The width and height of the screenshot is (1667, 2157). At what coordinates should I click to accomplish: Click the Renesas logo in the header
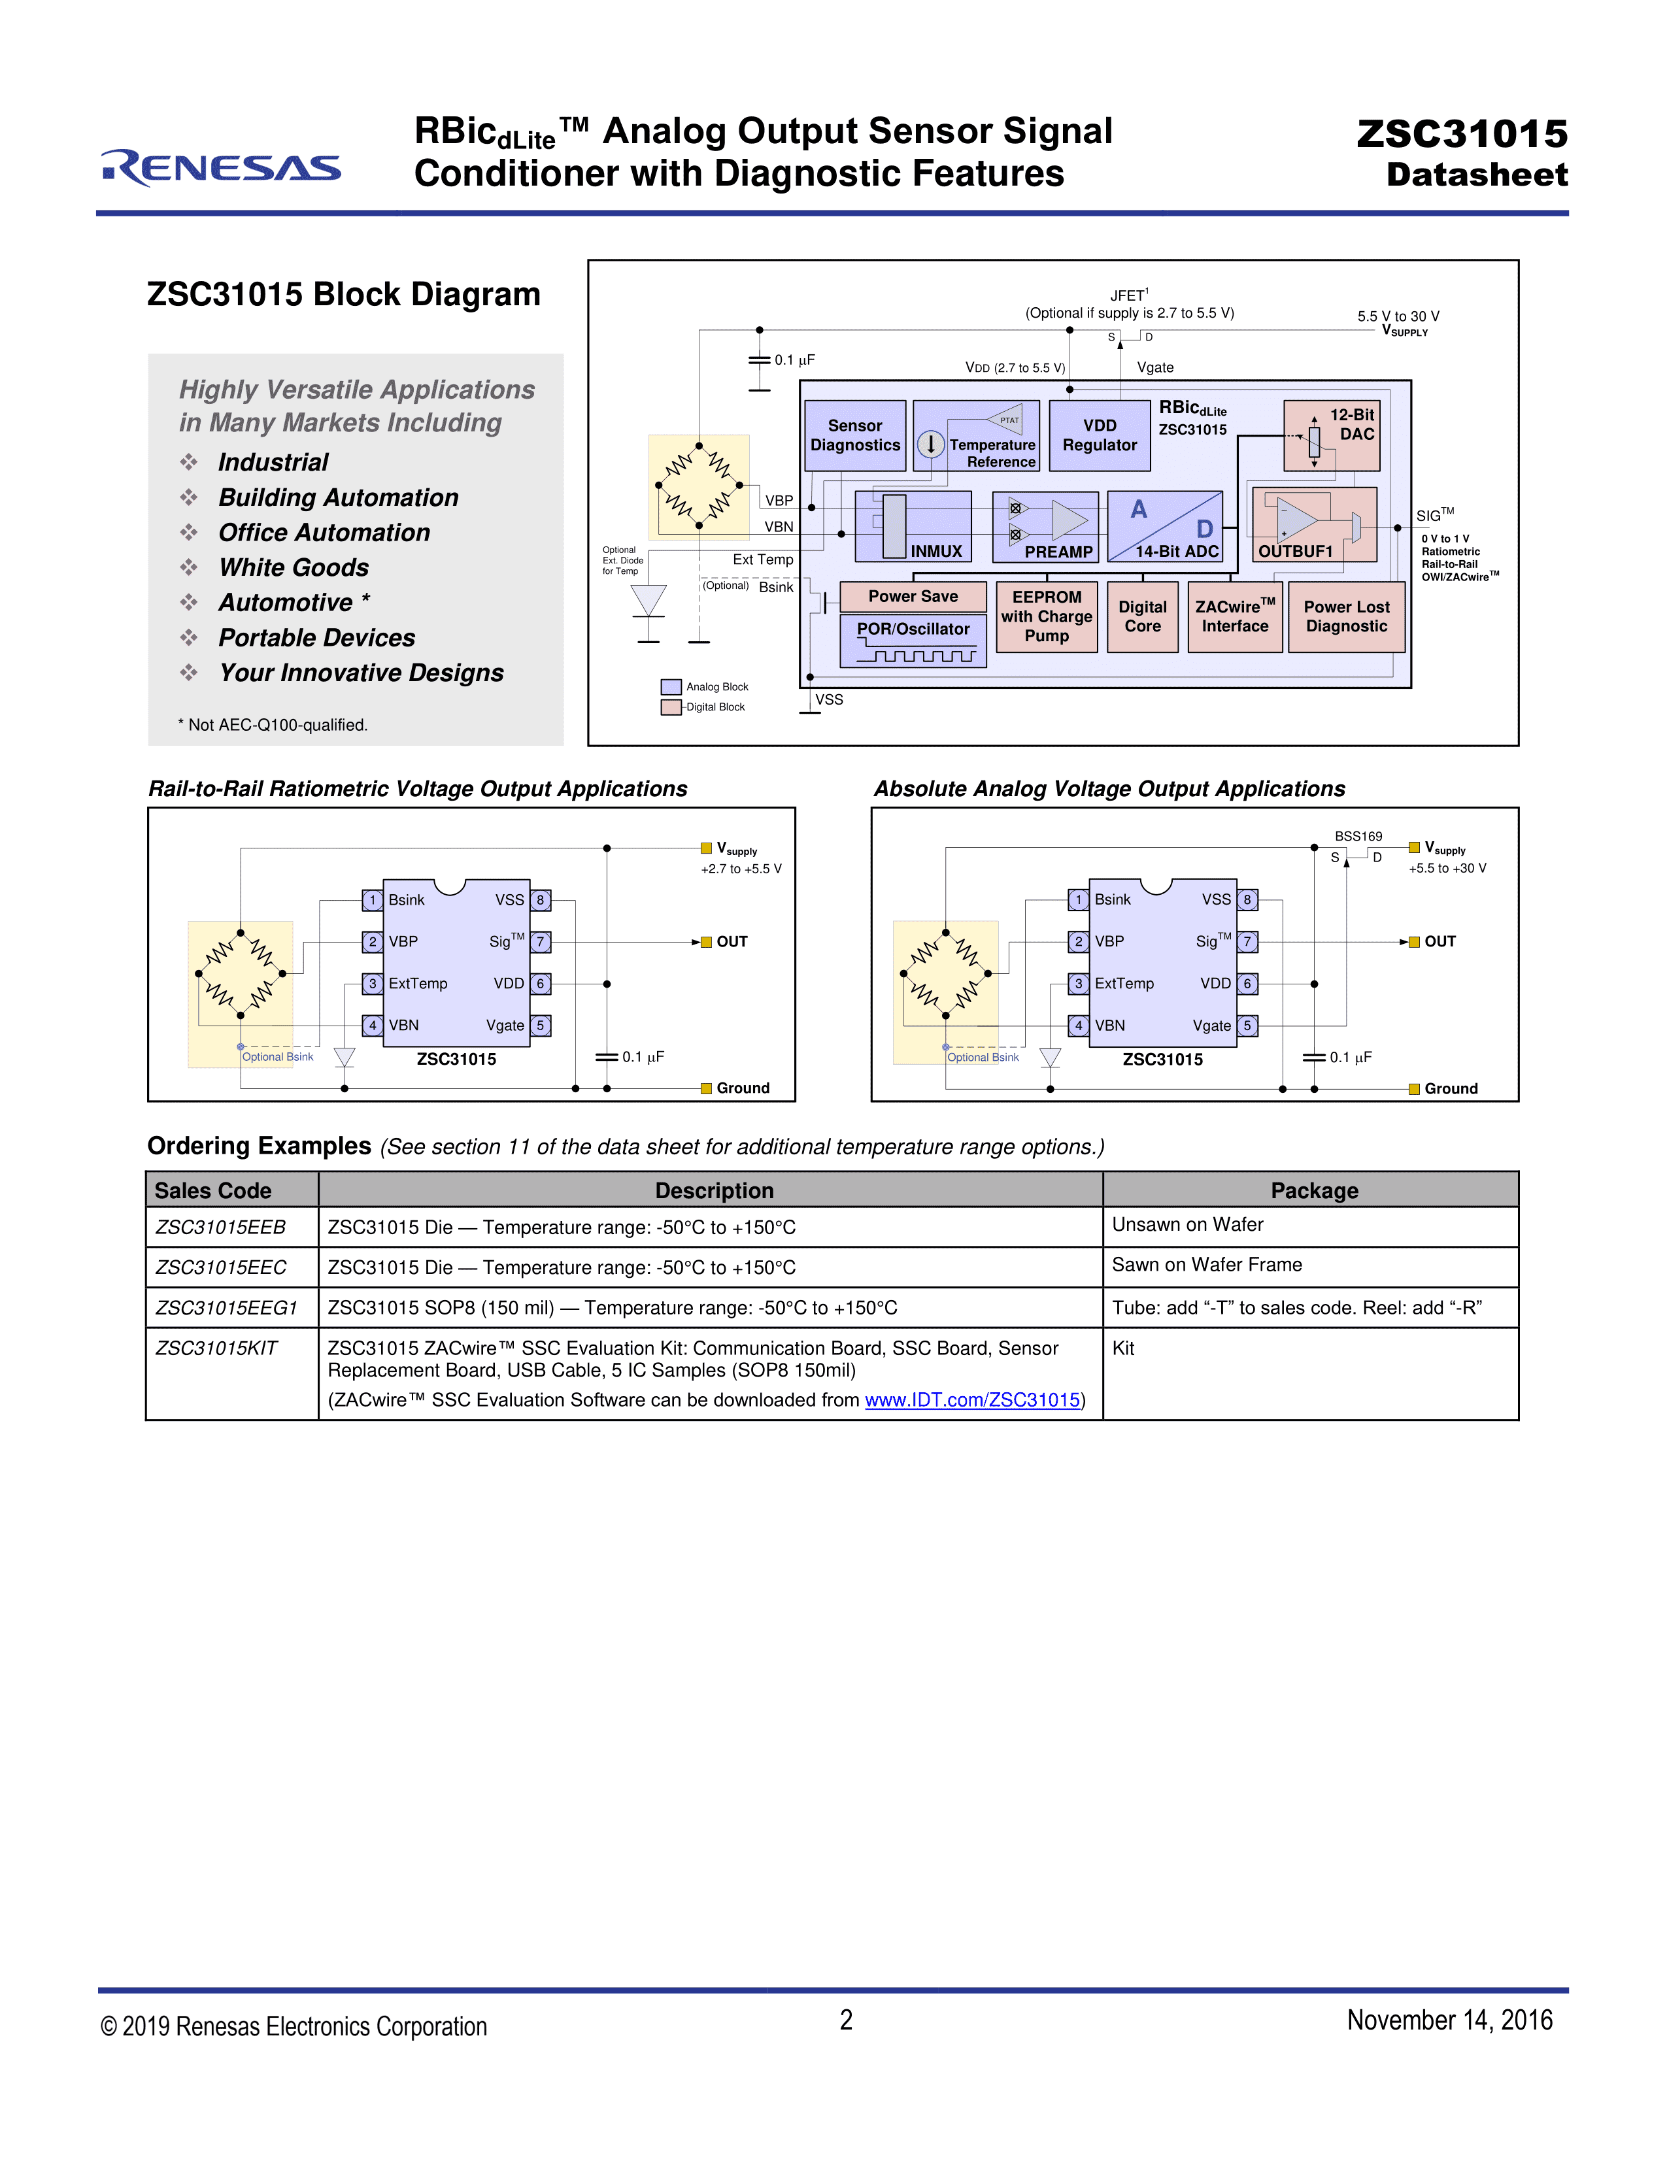pyautogui.click(x=221, y=168)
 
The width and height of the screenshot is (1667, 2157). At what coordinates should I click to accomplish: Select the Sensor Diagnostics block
pyautogui.click(x=854, y=435)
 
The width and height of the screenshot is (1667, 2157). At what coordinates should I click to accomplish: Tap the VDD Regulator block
pyautogui.click(x=1099, y=435)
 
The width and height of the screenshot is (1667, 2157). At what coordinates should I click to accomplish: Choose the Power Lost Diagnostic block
pyautogui.click(x=1345, y=617)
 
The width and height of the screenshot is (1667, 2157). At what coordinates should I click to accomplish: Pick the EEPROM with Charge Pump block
pyautogui.click(x=1046, y=617)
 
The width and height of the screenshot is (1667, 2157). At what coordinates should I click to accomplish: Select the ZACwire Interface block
pyautogui.click(x=1234, y=617)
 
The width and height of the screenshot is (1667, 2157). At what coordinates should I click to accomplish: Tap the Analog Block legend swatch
pyautogui.click(x=671, y=686)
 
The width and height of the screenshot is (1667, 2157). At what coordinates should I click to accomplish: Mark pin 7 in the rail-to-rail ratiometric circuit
pyautogui.click(x=540, y=942)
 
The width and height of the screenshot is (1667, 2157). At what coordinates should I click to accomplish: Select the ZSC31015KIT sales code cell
pyautogui.click(x=217, y=1348)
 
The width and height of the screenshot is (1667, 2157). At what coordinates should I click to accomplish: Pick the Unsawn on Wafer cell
pyautogui.click(x=1187, y=1225)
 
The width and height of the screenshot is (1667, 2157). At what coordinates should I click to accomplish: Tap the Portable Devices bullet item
pyautogui.click(x=316, y=638)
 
